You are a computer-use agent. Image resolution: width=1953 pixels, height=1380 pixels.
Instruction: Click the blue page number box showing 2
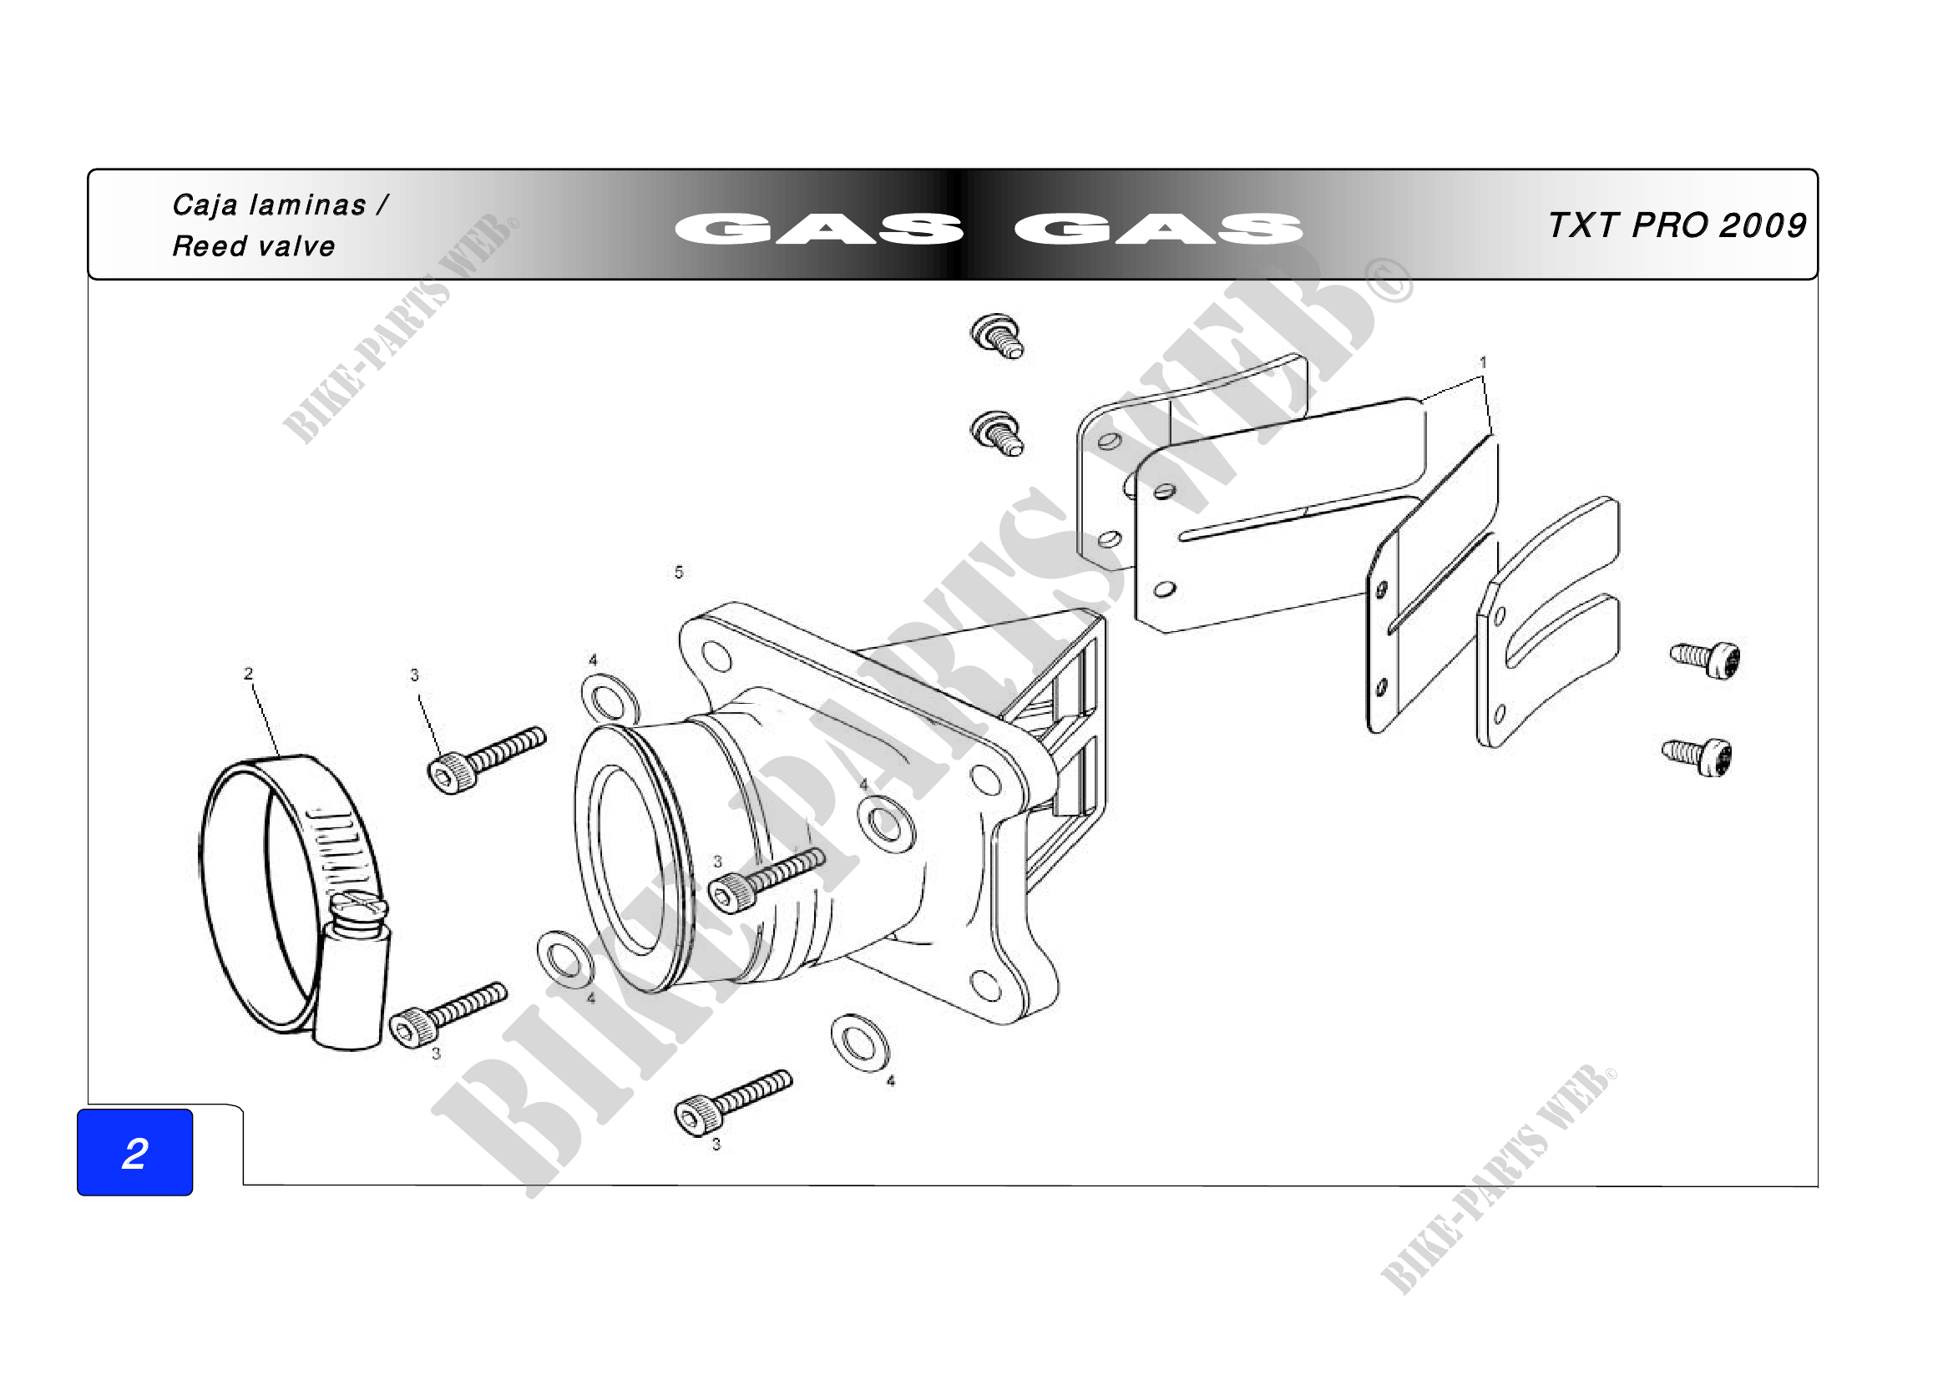click(x=134, y=1152)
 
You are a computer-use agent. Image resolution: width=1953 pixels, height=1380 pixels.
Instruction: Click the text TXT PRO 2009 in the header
click(x=1677, y=225)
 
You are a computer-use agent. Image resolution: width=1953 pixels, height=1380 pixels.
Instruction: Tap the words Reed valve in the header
click(x=254, y=246)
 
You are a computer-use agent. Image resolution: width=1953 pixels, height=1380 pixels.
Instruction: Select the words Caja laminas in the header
click(x=269, y=205)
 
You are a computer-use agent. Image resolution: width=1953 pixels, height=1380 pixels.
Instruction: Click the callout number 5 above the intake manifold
click(x=679, y=572)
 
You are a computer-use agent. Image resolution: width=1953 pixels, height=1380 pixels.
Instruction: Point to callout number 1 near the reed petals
click(x=1483, y=362)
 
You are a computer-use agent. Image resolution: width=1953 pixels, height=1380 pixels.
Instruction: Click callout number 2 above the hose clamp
click(x=248, y=674)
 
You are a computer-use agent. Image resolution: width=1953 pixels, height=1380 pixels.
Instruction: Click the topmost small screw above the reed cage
click(x=997, y=335)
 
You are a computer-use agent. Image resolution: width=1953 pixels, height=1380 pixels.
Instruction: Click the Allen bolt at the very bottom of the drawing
click(x=732, y=1101)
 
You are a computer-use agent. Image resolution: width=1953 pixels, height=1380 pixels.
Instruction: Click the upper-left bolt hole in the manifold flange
click(x=716, y=656)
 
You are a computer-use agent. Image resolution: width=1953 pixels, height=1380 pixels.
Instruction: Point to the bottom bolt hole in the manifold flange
click(x=985, y=985)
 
